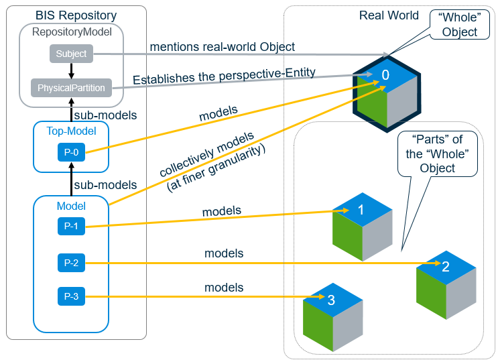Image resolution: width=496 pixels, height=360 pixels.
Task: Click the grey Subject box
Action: (71, 54)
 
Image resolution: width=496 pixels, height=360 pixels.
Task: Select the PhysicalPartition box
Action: (71, 88)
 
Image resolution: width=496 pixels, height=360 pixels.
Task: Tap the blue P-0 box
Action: (71, 152)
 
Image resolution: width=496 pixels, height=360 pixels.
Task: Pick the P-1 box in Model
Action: (71, 227)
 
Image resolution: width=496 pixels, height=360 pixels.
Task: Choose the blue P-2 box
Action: (71, 263)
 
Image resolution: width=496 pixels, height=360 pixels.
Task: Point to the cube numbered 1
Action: (362, 221)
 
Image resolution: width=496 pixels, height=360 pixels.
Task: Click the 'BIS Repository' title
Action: (76, 15)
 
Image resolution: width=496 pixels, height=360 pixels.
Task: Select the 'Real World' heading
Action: (389, 15)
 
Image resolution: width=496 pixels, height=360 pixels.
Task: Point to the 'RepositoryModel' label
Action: (71, 31)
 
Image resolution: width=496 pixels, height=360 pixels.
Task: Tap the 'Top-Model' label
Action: (71, 132)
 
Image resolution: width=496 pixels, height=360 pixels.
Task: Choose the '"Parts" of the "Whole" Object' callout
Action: (440, 154)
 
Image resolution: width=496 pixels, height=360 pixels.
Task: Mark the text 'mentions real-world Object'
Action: (222, 47)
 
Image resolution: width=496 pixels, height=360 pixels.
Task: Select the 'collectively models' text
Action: (207, 154)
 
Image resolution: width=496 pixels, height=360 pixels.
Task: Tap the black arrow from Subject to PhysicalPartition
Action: (71, 70)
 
